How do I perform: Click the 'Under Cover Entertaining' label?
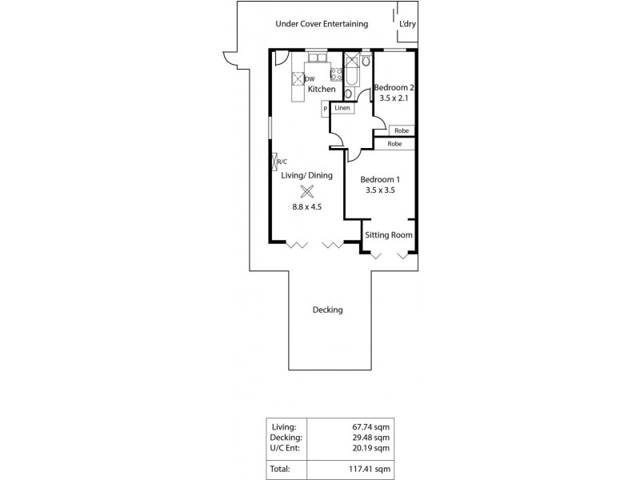point(322,24)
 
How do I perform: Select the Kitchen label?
point(321,89)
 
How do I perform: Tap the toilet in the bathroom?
point(365,60)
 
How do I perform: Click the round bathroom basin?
point(349,93)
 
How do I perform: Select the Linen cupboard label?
point(342,107)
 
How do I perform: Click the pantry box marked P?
point(326,109)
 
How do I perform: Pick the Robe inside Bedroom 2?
point(402,130)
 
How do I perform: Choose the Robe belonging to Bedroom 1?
point(394,144)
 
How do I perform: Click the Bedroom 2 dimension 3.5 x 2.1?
point(394,98)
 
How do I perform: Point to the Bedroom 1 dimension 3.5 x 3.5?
point(380,191)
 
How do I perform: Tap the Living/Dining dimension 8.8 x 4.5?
point(306,207)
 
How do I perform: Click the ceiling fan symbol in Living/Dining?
point(306,190)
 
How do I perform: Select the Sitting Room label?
point(389,235)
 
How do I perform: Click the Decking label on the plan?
point(328,310)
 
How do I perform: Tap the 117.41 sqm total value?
point(373,470)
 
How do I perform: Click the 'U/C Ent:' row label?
point(286,449)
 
